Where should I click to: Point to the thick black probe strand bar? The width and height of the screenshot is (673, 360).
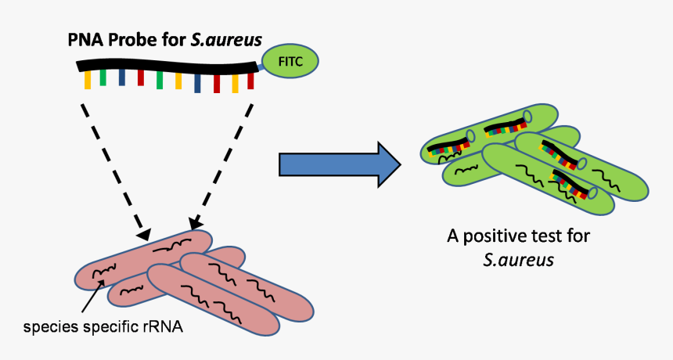[x=164, y=66]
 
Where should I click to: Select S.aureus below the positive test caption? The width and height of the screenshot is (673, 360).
[x=518, y=259]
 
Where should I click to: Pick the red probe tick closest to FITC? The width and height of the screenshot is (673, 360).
[x=251, y=80]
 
